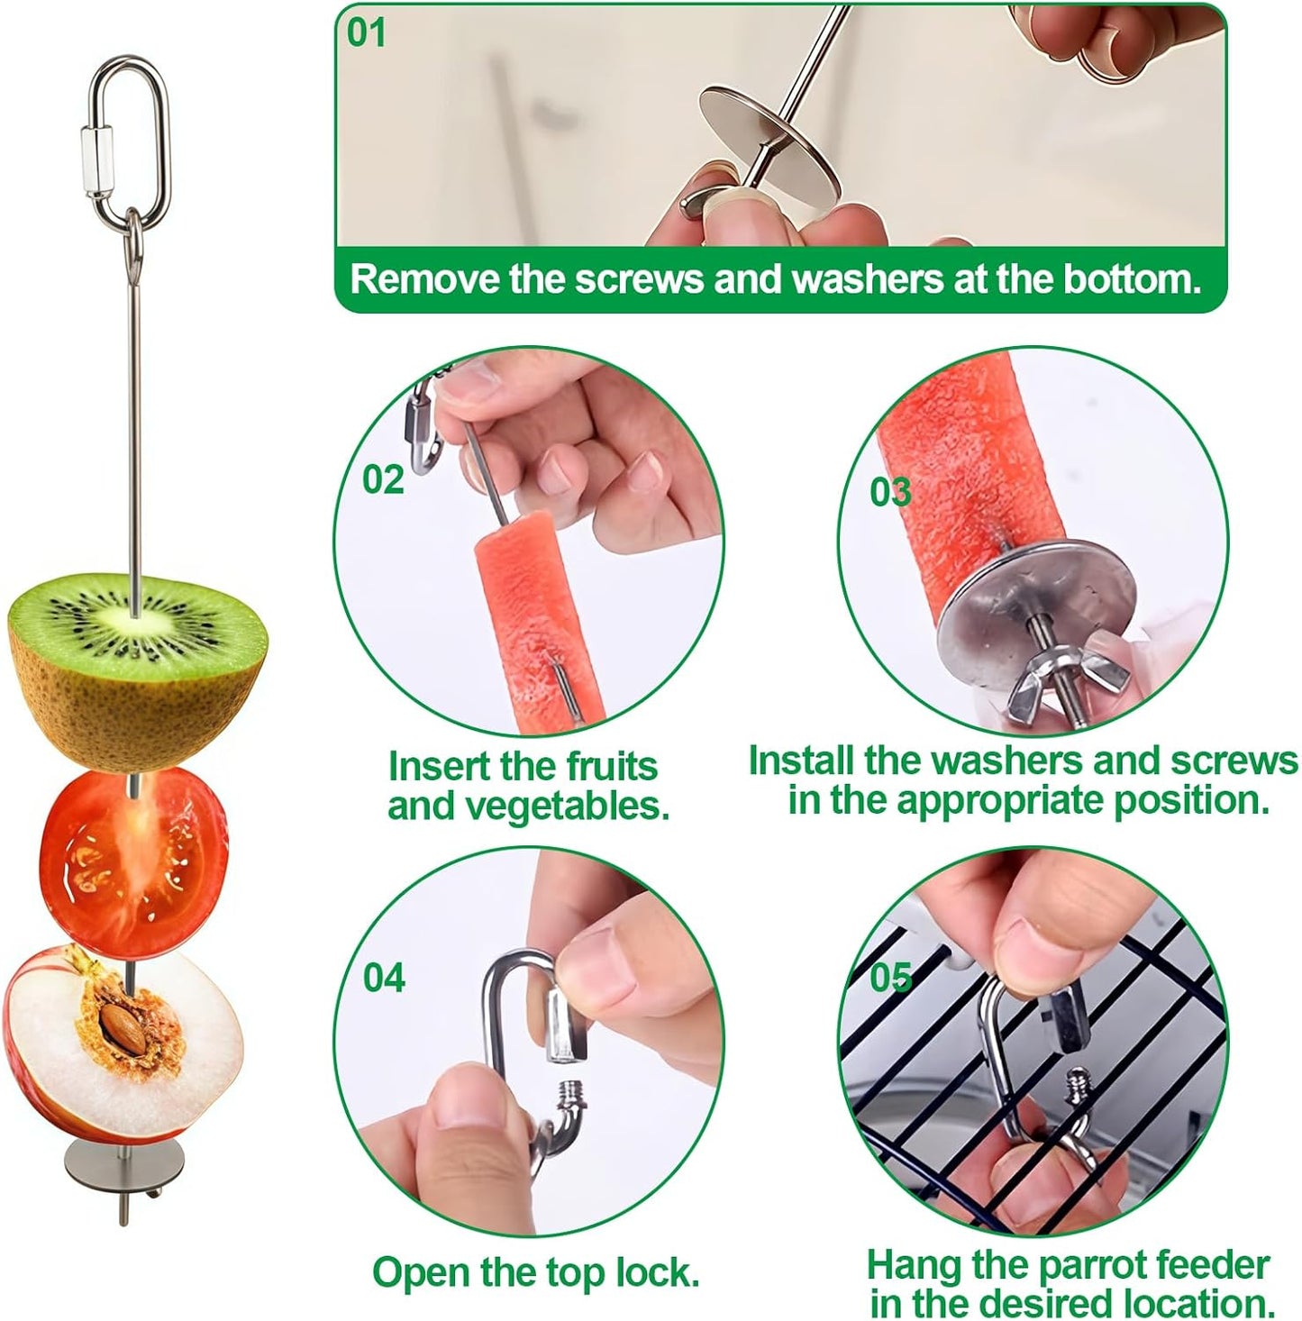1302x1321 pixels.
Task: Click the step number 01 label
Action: point(366,32)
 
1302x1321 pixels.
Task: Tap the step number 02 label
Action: point(383,479)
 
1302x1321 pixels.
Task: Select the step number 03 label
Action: point(890,492)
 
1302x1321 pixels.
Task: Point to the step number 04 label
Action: point(384,978)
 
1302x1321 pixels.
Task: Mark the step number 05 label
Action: point(890,977)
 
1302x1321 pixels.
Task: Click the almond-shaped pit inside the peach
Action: point(122,1024)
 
